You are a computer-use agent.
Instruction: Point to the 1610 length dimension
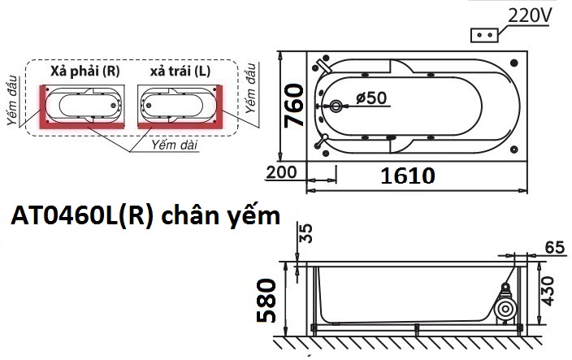[404, 175]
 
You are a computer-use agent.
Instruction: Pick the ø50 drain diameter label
[372, 99]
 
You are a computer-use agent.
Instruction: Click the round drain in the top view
[337, 106]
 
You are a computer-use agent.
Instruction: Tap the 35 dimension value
[305, 235]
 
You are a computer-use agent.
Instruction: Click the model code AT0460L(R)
[79, 218]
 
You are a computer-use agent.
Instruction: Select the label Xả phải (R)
[85, 72]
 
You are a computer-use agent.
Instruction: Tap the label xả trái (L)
[180, 72]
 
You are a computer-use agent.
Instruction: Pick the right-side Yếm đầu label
[251, 85]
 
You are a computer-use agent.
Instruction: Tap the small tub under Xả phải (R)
[84, 104]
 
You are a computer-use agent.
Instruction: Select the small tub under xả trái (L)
[179, 104]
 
